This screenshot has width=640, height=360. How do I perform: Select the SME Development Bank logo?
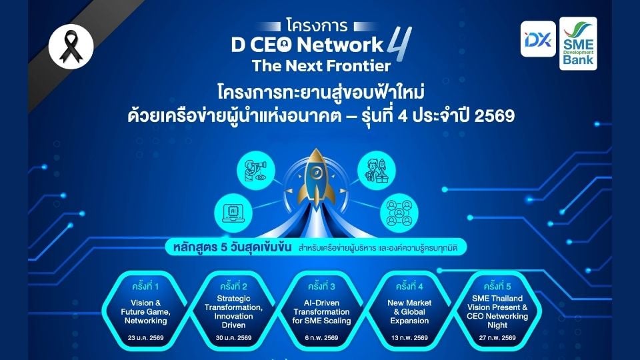click(578, 43)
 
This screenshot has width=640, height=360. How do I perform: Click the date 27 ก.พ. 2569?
click(497, 338)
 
